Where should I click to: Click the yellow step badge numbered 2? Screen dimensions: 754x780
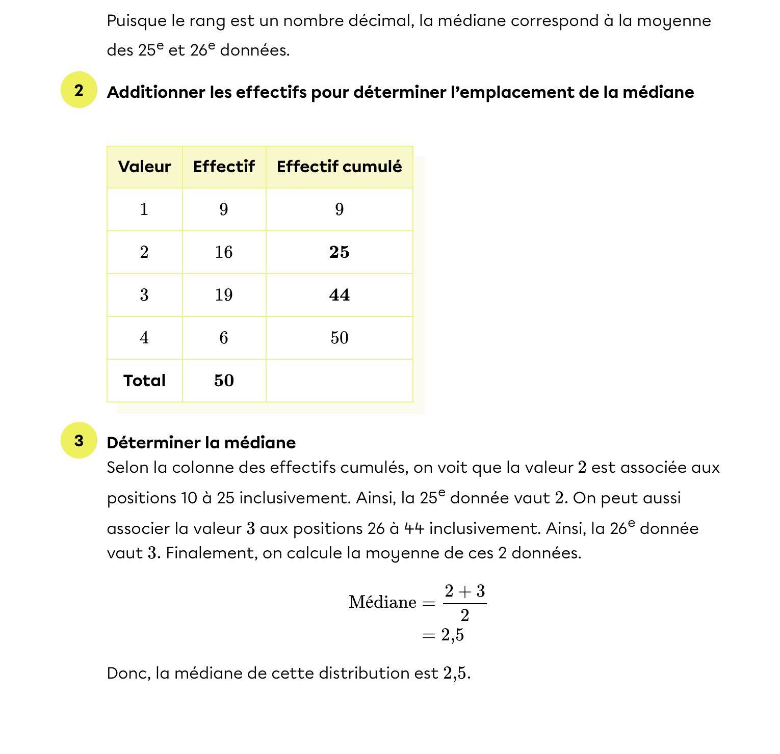click(x=79, y=90)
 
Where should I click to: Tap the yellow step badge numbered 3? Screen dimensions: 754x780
click(x=79, y=441)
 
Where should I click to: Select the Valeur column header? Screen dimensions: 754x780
click(x=144, y=167)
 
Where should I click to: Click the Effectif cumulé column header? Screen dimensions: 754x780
click(x=339, y=167)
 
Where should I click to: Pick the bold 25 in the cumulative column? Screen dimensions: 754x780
click(x=339, y=252)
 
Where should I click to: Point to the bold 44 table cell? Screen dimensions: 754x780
click(x=339, y=295)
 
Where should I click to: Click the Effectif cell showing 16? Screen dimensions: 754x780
click(x=224, y=252)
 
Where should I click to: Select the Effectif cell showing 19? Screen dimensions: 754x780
click(x=224, y=295)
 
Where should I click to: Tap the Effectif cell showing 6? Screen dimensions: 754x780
click(x=224, y=338)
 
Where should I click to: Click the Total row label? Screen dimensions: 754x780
click(x=144, y=381)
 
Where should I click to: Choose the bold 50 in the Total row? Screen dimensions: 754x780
click(x=224, y=381)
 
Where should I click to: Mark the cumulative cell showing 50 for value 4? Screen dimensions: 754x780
click(x=339, y=338)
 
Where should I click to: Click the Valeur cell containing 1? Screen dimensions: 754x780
click(x=144, y=209)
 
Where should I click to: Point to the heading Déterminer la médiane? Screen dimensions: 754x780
click(x=201, y=443)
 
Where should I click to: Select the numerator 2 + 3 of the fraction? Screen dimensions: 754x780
click(x=464, y=591)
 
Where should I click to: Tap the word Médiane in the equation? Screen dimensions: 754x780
click(x=382, y=602)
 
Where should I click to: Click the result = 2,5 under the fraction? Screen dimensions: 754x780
click(x=443, y=635)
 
